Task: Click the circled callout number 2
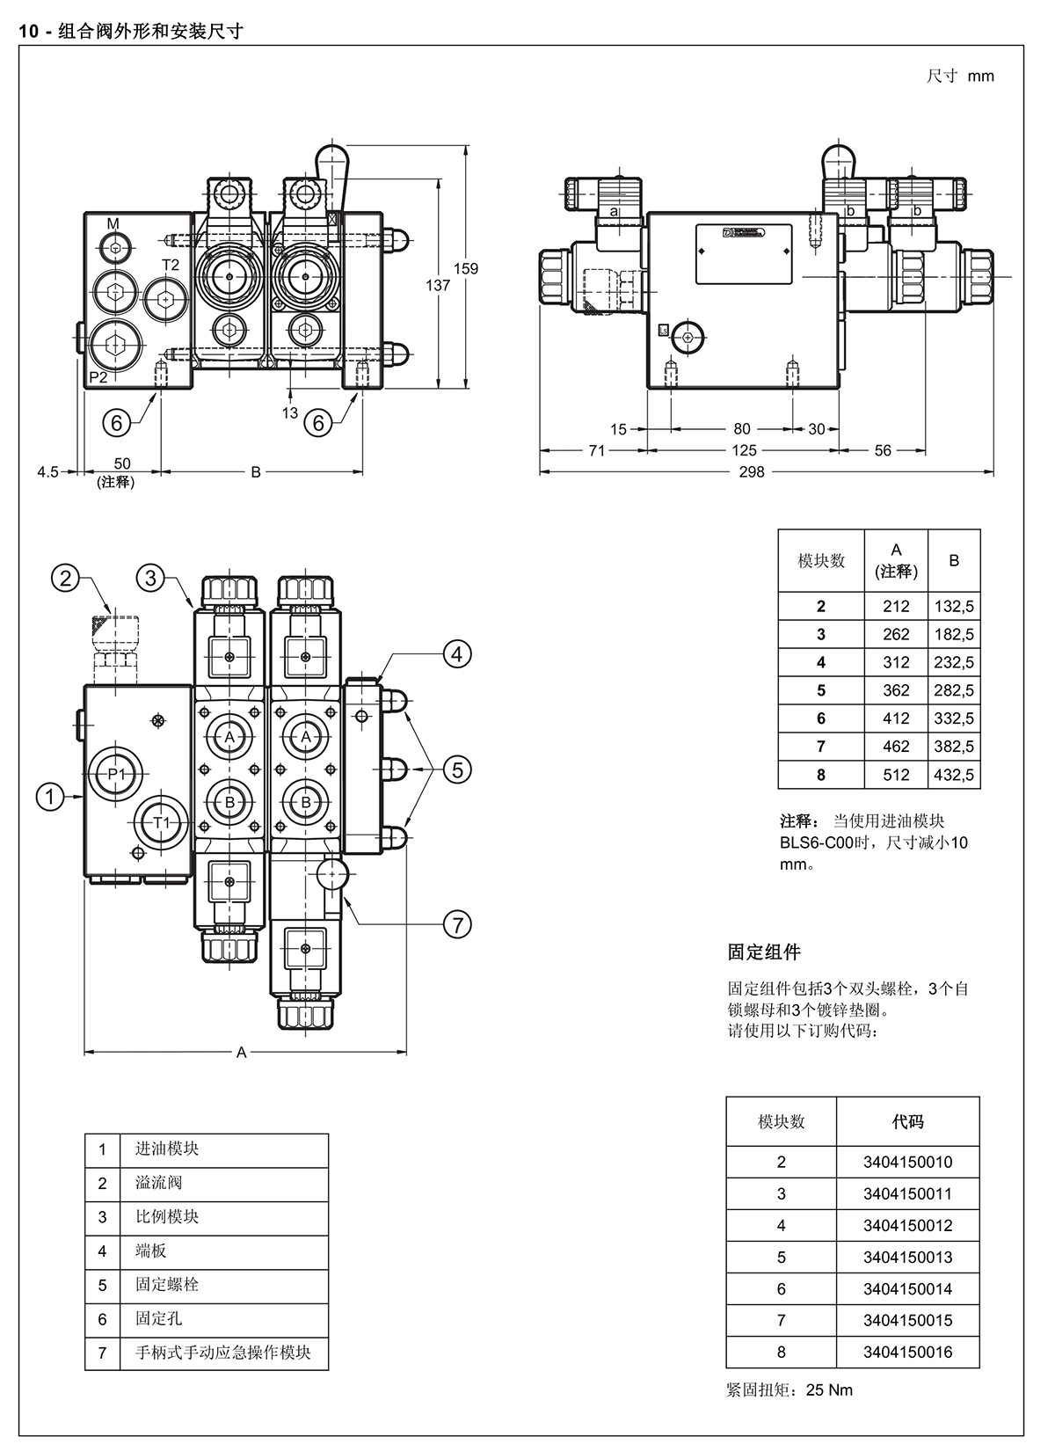65,578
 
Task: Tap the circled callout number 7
457,925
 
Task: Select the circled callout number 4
457,654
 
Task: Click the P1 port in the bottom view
116,774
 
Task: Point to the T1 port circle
161,822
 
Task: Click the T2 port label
171,265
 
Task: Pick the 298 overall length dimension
752,472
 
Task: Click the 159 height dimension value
465,269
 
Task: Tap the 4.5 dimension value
47,472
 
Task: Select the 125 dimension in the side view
745,450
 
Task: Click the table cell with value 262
896,634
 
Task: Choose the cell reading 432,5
954,775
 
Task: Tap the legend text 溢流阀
158,1182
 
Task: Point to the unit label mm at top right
981,77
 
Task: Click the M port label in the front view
113,223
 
